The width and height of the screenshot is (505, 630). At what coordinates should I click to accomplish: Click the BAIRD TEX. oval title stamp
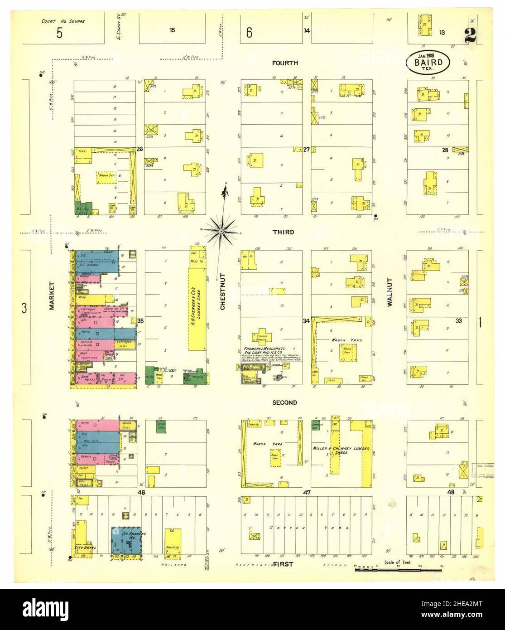pyautogui.click(x=428, y=63)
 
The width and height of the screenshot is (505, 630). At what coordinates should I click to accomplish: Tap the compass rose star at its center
pyautogui.click(x=221, y=232)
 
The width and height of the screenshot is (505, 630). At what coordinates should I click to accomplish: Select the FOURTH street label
pyautogui.click(x=285, y=63)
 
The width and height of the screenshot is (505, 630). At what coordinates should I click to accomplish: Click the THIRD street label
pyautogui.click(x=283, y=232)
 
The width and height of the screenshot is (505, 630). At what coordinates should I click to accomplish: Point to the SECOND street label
pyautogui.click(x=284, y=402)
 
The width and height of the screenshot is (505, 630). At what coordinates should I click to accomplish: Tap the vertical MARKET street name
pyautogui.click(x=52, y=296)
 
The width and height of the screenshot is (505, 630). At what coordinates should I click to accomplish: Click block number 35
pyautogui.click(x=140, y=321)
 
